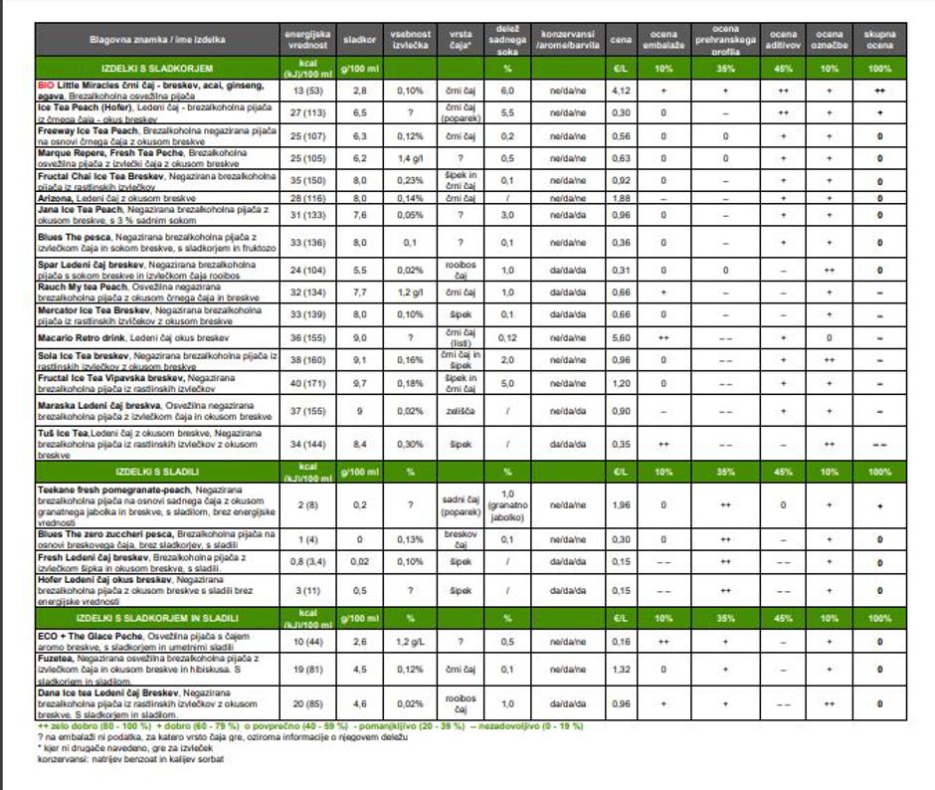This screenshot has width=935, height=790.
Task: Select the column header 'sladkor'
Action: pyautogui.click(x=359, y=41)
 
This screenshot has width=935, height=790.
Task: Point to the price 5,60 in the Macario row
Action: pyautogui.click(x=620, y=338)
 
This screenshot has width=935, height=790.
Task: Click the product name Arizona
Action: pyautogui.click(x=57, y=199)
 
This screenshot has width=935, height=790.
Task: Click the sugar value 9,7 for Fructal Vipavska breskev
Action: pyautogui.click(x=359, y=383)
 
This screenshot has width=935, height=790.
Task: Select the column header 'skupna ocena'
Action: pyautogui.click(x=879, y=41)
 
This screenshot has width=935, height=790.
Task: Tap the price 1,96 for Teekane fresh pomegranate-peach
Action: pyautogui.click(x=620, y=505)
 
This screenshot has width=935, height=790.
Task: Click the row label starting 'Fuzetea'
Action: pyautogui.click(x=58, y=659)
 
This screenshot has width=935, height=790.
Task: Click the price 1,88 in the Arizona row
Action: pyautogui.click(x=620, y=199)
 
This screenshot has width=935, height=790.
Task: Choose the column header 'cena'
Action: pyautogui.click(x=620, y=41)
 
